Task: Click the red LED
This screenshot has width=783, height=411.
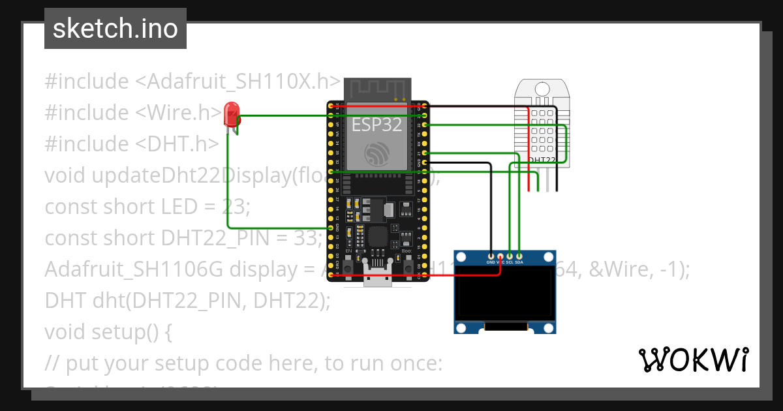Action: (x=231, y=115)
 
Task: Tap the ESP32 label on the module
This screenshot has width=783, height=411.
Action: (x=376, y=125)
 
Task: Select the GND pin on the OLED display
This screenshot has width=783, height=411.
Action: (x=491, y=255)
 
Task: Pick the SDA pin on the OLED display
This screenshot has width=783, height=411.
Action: (x=519, y=255)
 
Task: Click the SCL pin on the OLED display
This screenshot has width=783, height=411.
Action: (x=510, y=255)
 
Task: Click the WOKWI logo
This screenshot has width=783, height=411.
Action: (x=693, y=359)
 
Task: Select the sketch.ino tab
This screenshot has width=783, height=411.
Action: (x=115, y=29)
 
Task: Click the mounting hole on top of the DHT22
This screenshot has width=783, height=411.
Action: (x=542, y=89)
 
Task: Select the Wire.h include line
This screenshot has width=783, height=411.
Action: (x=134, y=113)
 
